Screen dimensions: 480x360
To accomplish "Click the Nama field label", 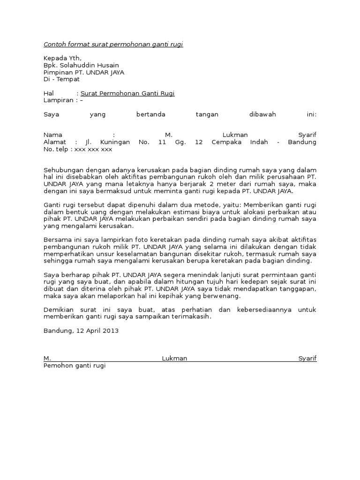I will coord(52,135).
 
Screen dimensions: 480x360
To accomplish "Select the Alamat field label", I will coord(54,142).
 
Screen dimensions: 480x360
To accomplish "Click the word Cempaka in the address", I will coord(227,142).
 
